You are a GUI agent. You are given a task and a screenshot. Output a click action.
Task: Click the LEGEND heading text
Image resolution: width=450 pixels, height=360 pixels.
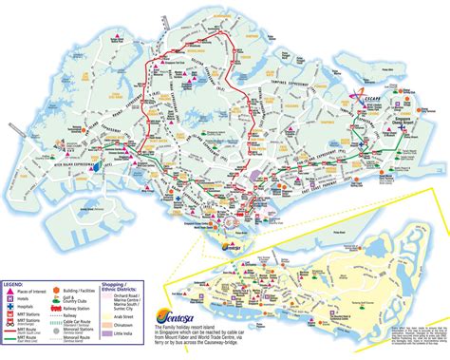(13, 283)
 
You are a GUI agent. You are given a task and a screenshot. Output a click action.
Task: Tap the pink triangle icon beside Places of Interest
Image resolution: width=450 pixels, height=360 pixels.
(8, 292)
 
